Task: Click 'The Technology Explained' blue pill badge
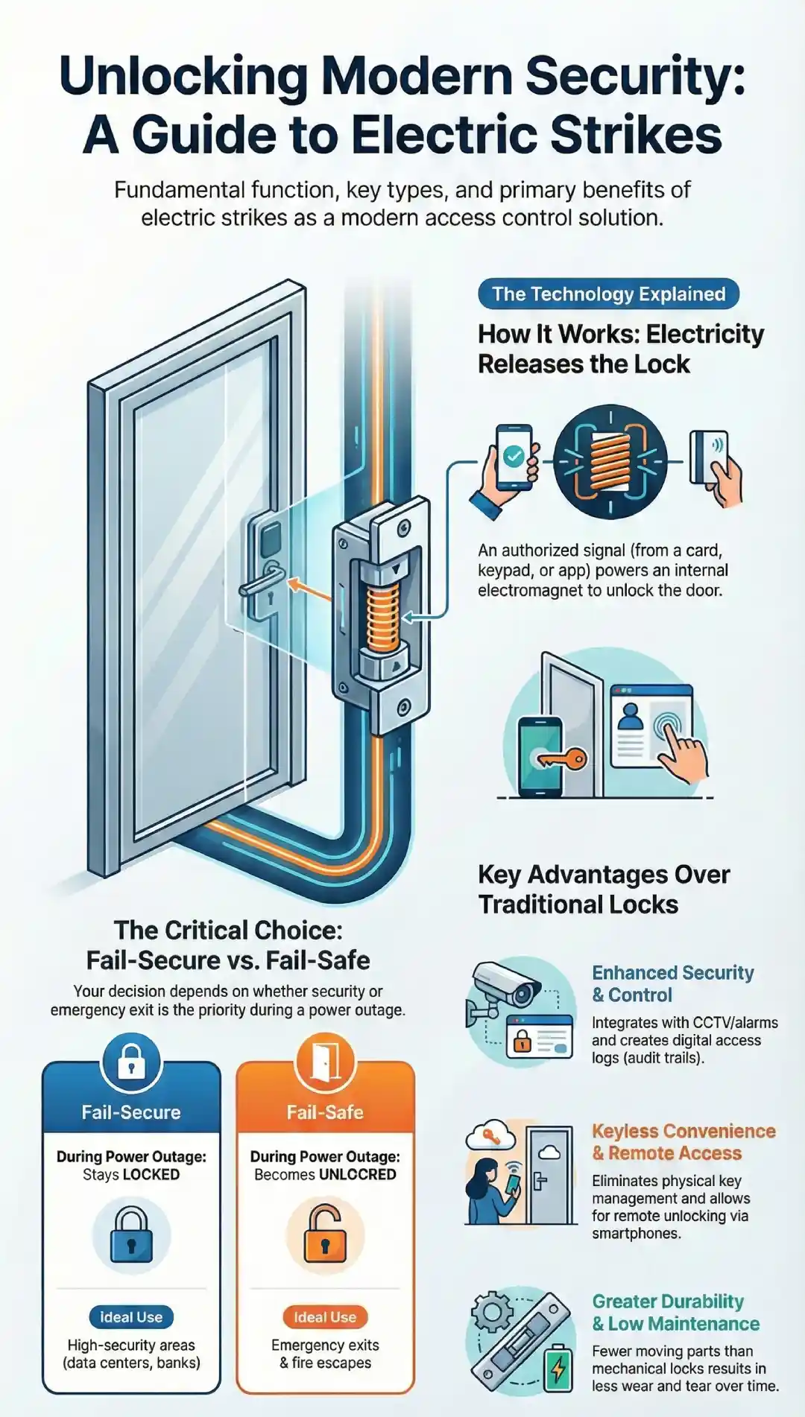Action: [x=608, y=294]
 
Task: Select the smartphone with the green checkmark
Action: [x=513, y=457]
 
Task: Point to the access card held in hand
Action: [x=708, y=455]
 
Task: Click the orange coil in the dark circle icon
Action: [x=610, y=462]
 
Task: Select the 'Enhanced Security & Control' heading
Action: [x=672, y=983]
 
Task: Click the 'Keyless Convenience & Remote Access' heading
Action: [x=683, y=1141]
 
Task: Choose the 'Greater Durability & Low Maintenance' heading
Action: [x=675, y=1312]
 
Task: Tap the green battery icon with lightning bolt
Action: [x=558, y=1367]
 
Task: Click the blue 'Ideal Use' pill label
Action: [x=131, y=1316]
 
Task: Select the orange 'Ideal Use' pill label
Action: [x=325, y=1316]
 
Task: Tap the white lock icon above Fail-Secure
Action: [x=131, y=1062]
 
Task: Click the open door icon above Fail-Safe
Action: [x=325, y=1062]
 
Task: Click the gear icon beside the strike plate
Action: [x=492, y=1312]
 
